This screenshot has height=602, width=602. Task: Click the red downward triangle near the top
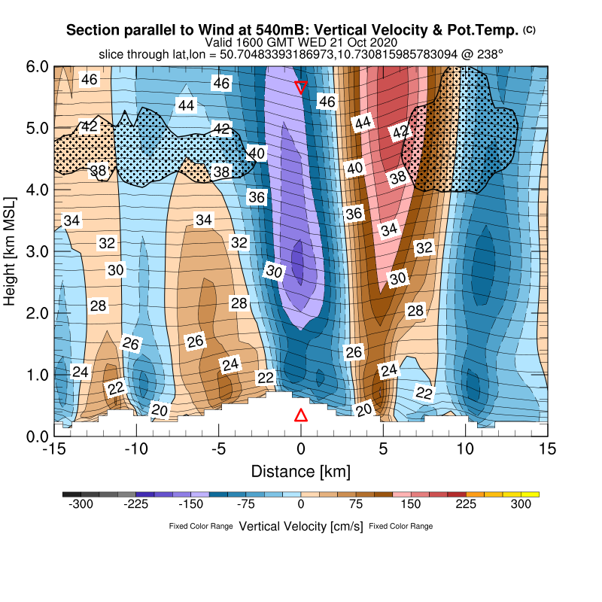coord(301,87)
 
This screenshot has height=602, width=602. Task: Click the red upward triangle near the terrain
coord(301,415)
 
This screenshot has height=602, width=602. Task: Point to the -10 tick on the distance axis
coord(136,449)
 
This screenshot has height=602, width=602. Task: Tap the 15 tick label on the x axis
coord(548,449)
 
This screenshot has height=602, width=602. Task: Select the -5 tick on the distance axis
coord(218,449)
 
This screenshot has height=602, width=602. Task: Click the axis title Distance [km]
coord(300,472)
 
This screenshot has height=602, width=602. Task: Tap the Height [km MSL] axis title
coord(11,251)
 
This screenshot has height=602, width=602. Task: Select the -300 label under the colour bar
coord(81,505)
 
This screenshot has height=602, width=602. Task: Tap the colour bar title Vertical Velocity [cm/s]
coord(301,526)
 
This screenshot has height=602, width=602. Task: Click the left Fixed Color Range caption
coord(201,527)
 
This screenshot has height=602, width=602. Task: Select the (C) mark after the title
coord(530,30)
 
